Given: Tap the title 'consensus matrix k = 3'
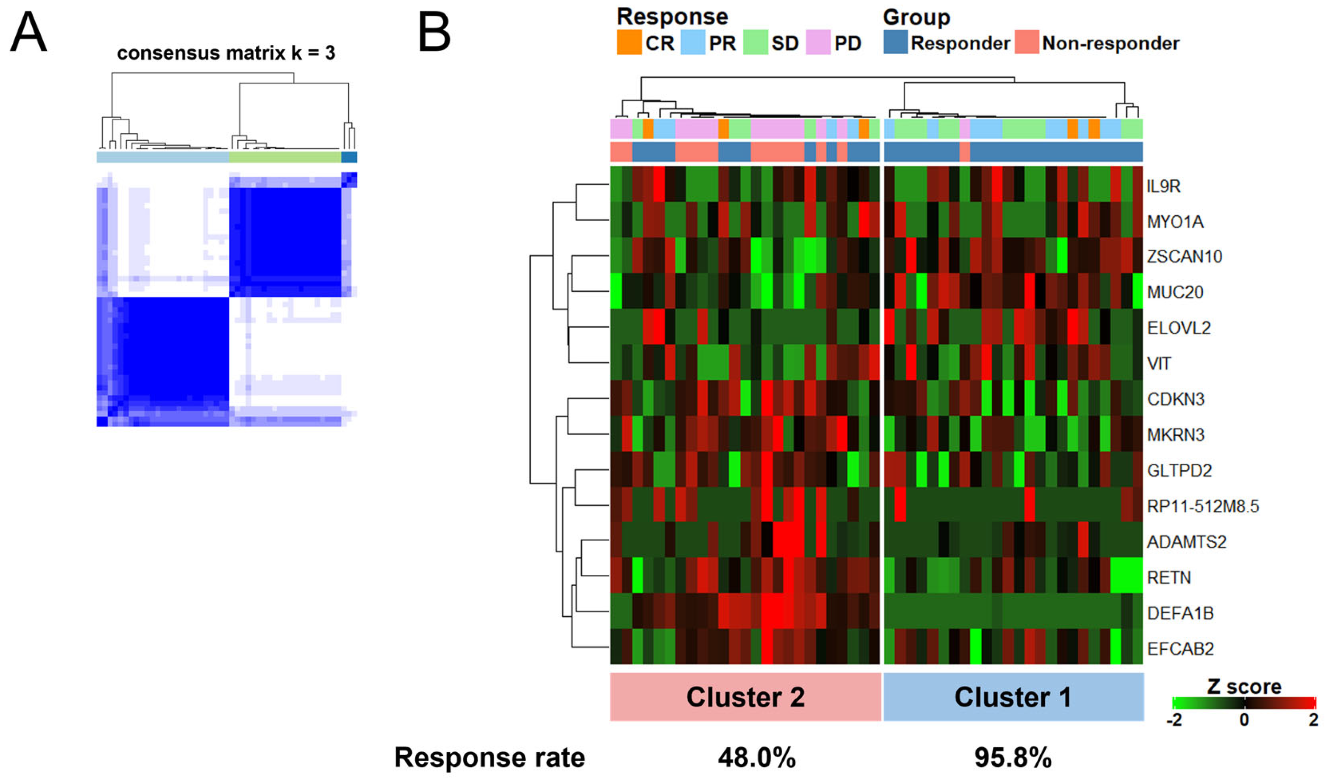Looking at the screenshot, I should (226, 53).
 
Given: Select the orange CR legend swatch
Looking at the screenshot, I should (629, 43).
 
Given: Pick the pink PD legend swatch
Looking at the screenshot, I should (818, 43).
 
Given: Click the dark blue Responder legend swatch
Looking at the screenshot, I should (896, 43).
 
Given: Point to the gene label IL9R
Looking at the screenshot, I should (1163, 186).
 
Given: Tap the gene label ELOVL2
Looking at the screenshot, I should (1179, 328).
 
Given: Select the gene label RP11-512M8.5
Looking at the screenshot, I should (1203, 506).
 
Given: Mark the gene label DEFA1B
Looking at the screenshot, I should (1180, 613).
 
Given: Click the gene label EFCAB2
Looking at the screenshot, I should (1180, 649).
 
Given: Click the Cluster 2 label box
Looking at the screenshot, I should (745, 697).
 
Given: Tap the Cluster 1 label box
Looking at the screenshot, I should (1013, 697).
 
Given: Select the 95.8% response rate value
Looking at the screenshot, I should (1013, 758).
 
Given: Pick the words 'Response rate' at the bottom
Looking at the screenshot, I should (489, 758).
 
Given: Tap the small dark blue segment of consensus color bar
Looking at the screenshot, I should (349, 157).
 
